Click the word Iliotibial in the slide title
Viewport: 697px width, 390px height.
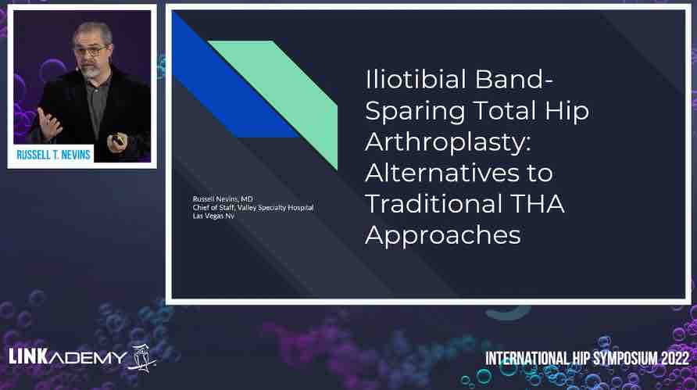pyautogui.click(x=415, y=79)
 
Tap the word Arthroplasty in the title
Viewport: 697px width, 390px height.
pyautogui.click(x=448, y=142)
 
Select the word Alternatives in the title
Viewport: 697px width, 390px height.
pyautogui.click(x=441, y=173)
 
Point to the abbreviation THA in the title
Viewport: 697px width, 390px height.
pyautogui.click(x=538, y=204)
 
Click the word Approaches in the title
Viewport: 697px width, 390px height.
pyautogui.click(x=443, y=235)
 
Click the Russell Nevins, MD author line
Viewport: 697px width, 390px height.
pyautogui.click(x=223, y=199)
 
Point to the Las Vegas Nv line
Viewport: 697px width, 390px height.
pyautogui.click(x=213, y=216)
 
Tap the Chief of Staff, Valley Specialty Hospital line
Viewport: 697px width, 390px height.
pyautogui.click(x=253, y=208)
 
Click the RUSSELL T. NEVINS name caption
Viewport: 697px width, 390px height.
pyautogui.click(x=53, y=155)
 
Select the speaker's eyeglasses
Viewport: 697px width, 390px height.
pyautogui.click(x=91, y=50)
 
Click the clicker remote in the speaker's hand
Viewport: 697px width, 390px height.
pyautogui.click(x=117, y=139)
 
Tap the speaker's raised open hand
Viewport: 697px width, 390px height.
pyautogui.click(x=49, y=123)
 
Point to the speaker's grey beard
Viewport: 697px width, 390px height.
pyautogui.click(x=91, y=70)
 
